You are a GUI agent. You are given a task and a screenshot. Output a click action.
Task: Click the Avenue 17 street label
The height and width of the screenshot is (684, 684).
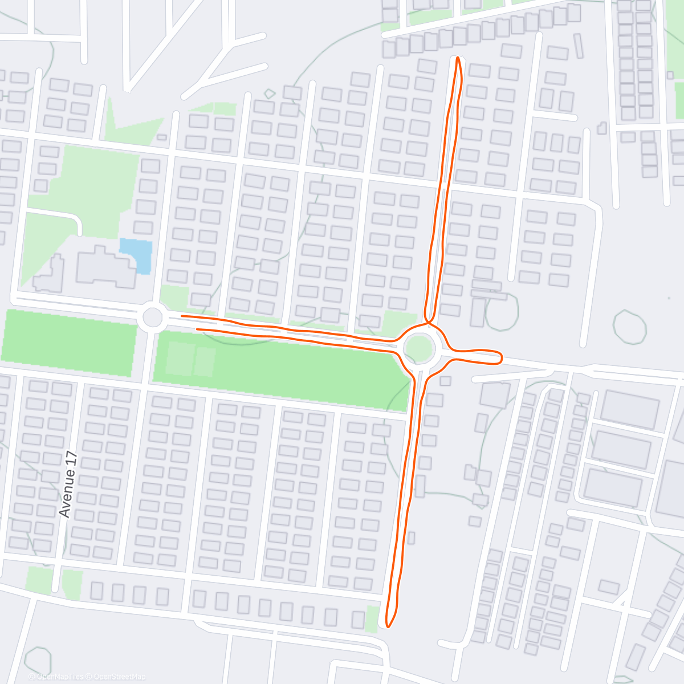coord(68,484)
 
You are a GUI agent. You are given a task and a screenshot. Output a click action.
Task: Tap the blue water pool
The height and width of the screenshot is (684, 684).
coord(136,255)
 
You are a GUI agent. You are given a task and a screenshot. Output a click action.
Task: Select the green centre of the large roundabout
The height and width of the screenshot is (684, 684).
coord(419,348)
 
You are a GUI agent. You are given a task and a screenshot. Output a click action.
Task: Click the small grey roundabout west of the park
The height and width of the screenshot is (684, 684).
coord(153,317)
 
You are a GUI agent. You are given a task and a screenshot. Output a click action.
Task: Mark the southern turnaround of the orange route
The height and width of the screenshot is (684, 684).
coord(388,625)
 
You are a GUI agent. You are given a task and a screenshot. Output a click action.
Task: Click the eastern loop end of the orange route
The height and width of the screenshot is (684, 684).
coord(500,357)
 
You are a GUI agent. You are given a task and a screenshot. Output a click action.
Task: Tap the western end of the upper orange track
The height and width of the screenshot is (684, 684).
coord(182,315)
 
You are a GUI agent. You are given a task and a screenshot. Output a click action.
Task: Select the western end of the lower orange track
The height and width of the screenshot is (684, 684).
coord(197,329)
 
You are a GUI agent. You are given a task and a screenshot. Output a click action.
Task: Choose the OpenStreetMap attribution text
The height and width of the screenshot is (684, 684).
coord(119,677)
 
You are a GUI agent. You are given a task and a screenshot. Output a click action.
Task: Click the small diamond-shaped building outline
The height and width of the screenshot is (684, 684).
coord(270,93)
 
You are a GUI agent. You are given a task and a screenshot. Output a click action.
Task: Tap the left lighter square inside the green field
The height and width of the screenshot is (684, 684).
coord(180,359)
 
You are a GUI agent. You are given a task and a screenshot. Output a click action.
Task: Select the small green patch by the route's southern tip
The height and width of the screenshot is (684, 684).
coord(372,619)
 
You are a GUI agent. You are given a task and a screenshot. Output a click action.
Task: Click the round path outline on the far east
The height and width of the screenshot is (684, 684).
coord(630,327)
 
